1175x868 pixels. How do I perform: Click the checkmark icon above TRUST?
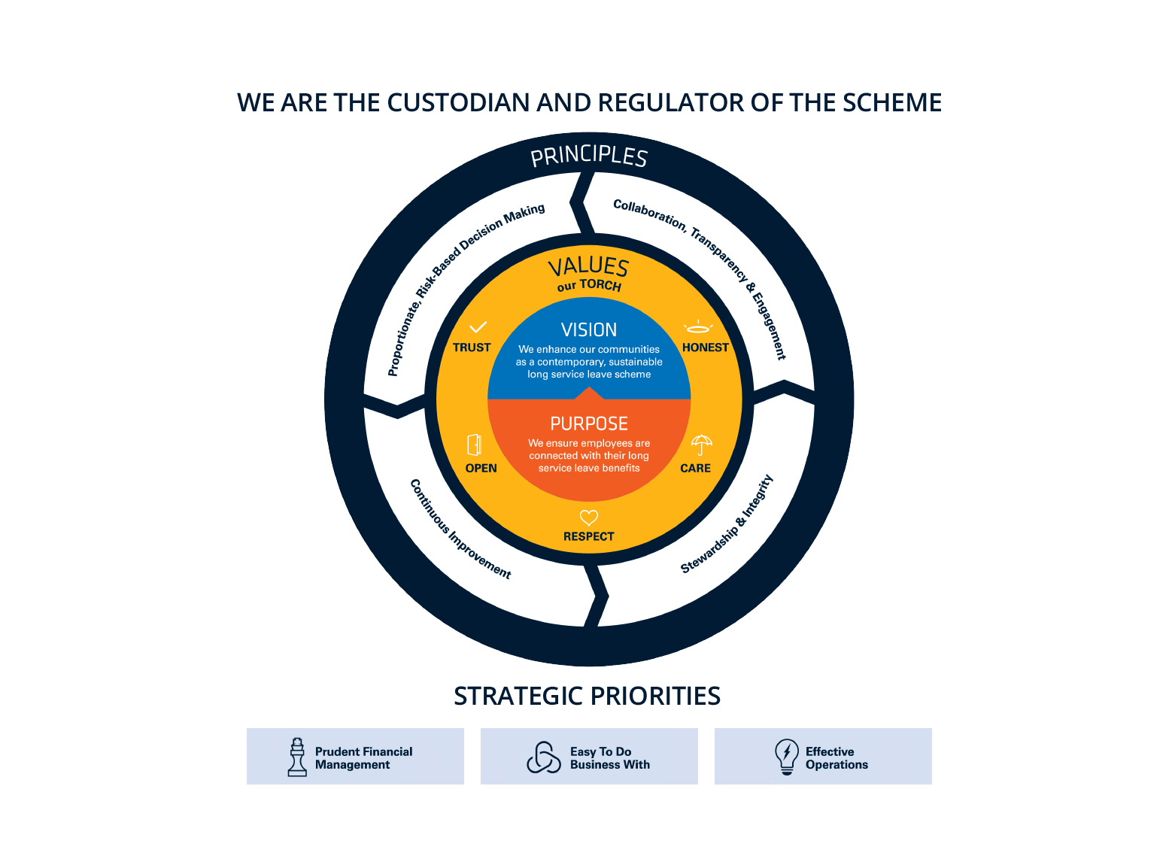(478, 327)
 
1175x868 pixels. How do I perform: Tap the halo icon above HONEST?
(697, 327)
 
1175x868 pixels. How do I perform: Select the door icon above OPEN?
(474, 445)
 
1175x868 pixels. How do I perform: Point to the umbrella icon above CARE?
(701, 445)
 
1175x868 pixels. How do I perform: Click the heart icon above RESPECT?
(589, 517)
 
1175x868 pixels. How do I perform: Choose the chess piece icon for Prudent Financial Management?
(297, 757)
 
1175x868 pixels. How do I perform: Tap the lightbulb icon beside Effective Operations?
(786, 757)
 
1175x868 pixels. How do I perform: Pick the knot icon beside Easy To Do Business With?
(544, 757)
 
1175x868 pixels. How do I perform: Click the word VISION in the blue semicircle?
(589, 330)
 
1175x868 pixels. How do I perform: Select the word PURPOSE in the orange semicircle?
(589, 424)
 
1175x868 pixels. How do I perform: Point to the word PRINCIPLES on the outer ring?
(589, 156)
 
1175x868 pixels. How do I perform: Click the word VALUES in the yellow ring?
(588, 266)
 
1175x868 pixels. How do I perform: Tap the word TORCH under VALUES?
(600, 285)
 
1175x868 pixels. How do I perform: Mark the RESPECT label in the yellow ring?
(589, 536)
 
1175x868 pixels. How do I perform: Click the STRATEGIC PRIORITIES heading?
(587, 696)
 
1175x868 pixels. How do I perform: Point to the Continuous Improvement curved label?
(460, 530)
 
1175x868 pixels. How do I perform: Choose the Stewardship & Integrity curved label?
(727, 524)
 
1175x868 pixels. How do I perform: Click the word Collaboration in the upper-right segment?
(648, 214)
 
